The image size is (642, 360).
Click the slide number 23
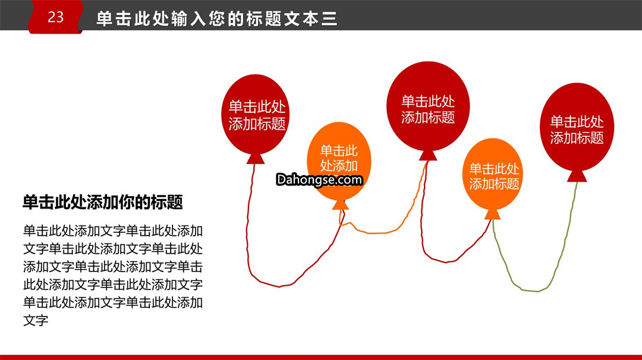[56, 17]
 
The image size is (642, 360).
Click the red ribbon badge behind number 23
[56, 17]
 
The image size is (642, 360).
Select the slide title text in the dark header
[216, 19]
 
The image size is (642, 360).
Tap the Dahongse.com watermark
[319, 179]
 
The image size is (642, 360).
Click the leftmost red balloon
[256, 115]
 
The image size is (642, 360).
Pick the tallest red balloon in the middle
[428, 106]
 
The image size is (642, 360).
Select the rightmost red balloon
[577, 127]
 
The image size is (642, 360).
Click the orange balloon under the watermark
[339, 161]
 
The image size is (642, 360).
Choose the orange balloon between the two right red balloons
[493, 174]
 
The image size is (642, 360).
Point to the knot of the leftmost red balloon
[256, 159]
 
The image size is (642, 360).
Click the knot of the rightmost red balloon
[577, 176]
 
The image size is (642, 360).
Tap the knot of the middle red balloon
[428, 156]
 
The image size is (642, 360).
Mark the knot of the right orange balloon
[493, 214]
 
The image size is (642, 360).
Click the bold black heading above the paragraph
[103, 202]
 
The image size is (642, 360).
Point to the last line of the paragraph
[36, 320]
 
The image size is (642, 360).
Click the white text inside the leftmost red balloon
[257, 115]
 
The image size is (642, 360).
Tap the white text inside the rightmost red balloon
[577, 130]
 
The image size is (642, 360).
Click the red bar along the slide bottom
[321, 357]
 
